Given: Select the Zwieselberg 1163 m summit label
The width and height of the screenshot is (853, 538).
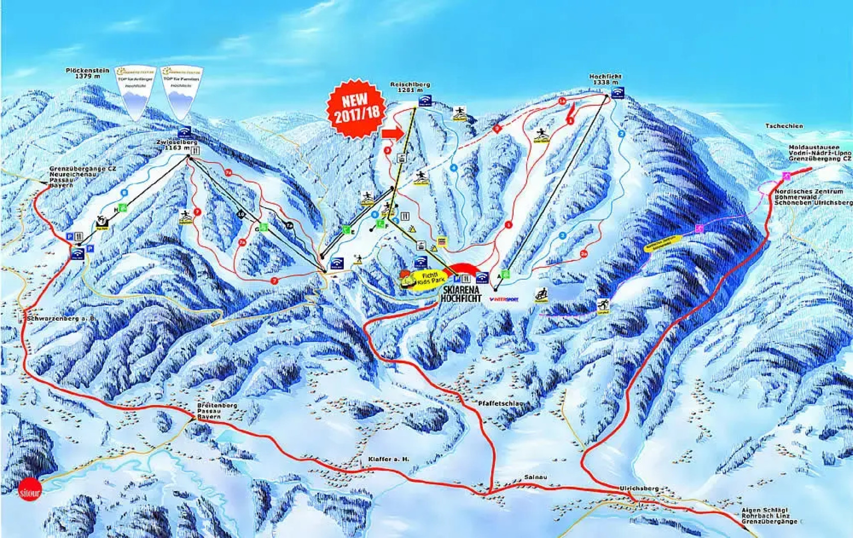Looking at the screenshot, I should coord(173,144).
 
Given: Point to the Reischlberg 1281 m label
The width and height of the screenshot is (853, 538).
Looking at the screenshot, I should coord(410,87).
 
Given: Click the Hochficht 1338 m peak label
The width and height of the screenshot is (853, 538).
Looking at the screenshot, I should coord(605,79).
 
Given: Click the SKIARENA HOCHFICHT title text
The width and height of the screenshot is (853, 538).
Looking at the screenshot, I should coord(461,294).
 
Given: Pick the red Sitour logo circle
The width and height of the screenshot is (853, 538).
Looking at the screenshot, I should coord(29,491).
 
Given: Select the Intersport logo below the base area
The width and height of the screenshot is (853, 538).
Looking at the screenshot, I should coord(504,299).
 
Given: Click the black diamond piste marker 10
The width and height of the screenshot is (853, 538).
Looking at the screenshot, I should coord(241,214).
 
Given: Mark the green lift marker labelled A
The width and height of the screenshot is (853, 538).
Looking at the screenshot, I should coord(505,274).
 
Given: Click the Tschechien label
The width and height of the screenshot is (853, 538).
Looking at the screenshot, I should coord(784,126).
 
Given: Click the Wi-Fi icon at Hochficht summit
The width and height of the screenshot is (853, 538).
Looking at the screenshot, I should coord(617,93).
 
